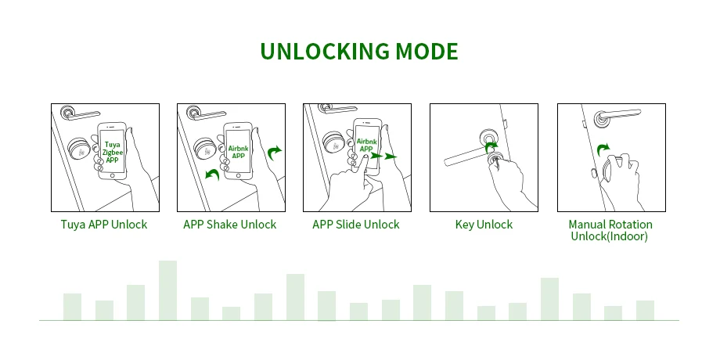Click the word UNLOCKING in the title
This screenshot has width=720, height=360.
(325, 52)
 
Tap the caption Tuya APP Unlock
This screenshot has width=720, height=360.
(104, 225)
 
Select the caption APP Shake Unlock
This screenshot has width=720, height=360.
(230, 225)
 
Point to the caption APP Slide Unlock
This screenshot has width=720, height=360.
(356, 225)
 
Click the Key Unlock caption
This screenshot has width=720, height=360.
(484, 225)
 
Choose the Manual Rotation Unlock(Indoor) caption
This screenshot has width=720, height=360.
(610, 231)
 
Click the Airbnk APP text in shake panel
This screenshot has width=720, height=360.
(239, 152)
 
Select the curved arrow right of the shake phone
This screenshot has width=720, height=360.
(274, 153)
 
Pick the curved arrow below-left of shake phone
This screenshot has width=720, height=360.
(212, 175)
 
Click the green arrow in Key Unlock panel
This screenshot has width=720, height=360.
(491, 147)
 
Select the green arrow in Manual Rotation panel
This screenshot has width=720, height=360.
(603, 149)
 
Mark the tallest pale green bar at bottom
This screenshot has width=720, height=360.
(167, 290)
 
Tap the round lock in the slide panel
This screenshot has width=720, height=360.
(334, 142)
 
